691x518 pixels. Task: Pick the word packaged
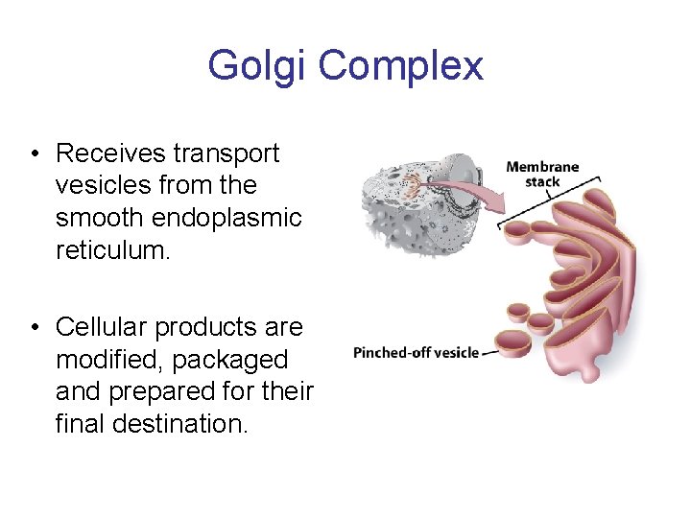click(x=240, y=360)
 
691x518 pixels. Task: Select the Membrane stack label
click(x=542, y=174)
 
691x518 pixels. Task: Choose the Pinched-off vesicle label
click(x=416, y=352)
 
